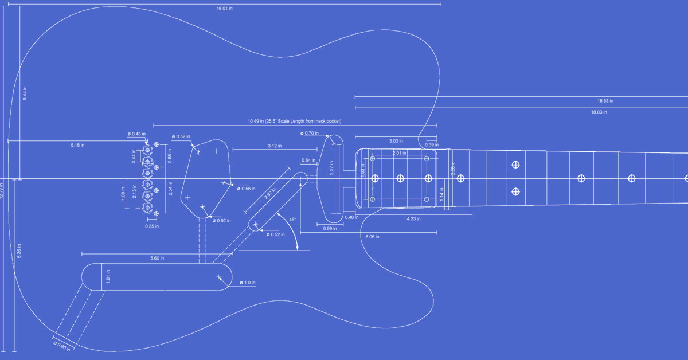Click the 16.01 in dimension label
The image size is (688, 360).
[x=224, y=8]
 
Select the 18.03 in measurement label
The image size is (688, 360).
[x=599, y=112]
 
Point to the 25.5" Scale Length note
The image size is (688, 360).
[x=294, y=122]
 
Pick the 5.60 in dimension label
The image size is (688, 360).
[x=157, y=258]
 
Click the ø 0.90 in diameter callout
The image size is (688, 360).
[x=62, y=346]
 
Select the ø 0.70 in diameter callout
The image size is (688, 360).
[x=309, y=133]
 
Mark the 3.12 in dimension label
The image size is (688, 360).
[x=275, y=146]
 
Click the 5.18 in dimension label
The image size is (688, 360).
[x=77, y=145]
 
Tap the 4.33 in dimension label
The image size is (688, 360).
[x=413, y=219]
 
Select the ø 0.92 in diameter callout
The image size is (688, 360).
[x=222, y=220]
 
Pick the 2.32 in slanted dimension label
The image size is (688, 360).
[x=269, y=194]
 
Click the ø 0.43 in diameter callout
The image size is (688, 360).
[x=136, y=134]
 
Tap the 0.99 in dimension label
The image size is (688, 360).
[x=329, y=229]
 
